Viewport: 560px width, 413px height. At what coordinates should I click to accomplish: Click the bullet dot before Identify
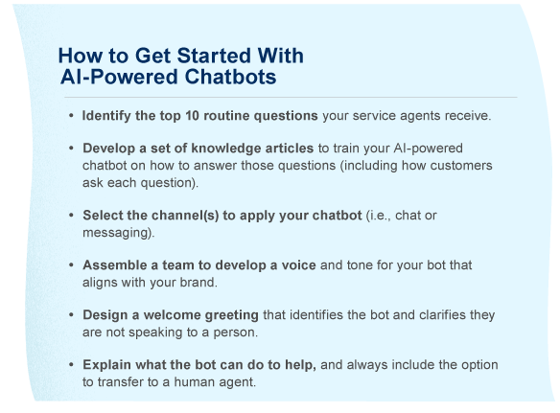coord(72,116)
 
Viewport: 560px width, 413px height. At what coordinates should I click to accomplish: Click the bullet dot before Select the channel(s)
coord(72,216)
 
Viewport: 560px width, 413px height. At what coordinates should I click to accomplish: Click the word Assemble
coord(114,265)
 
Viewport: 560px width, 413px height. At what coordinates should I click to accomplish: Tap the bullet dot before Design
coord(72,315)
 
